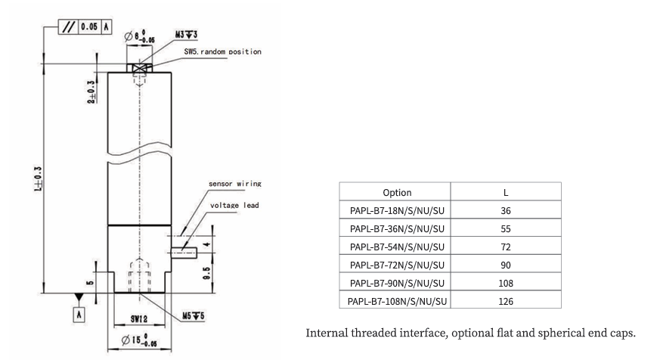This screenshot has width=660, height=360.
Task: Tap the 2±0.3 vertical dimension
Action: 91,88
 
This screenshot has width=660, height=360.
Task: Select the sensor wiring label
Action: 236,183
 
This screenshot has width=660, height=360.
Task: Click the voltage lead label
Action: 235,205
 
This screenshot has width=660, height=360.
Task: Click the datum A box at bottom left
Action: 79,313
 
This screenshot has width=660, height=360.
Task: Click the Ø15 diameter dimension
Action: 138,340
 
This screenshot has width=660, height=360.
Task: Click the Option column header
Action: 396,192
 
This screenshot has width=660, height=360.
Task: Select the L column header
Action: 506,192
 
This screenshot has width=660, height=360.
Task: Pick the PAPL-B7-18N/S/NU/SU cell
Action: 396,211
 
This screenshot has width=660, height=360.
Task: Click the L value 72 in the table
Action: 506,247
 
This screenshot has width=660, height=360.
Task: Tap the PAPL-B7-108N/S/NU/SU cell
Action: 396,302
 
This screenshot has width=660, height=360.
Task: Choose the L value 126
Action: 506,302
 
